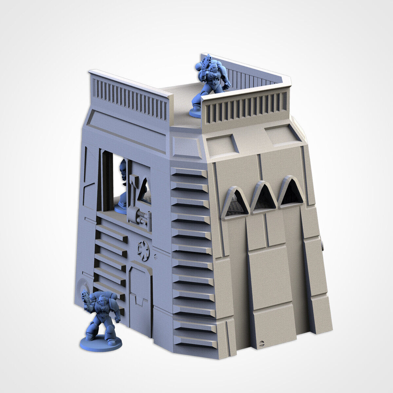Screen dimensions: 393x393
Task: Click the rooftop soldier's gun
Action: pyautogui.click(x=205, y=64)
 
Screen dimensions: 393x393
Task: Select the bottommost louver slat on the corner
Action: pyautogui.click(x=196, y=342)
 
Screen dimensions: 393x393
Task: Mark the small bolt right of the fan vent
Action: pyautogui.click(x=156, y=253)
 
